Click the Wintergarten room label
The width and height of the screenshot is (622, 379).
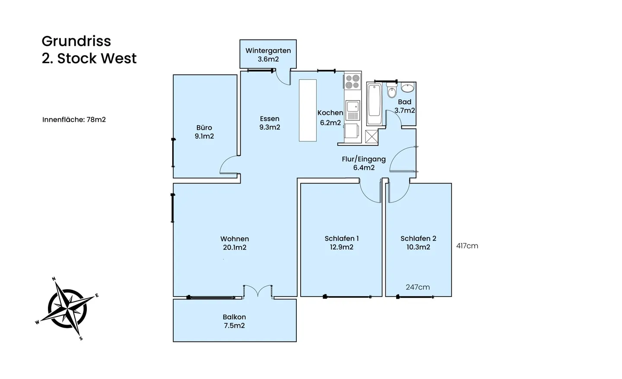click(x=268, y=51)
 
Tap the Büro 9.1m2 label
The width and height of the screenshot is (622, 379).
click(x=204, y=132)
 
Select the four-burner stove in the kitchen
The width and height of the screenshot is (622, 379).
click(x=352, y=82)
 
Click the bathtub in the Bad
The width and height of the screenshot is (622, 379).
click(x=374, y=104)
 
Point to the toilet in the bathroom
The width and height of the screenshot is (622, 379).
click(x=392, y=90)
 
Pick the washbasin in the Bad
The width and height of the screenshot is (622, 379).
click(x=408, y=88)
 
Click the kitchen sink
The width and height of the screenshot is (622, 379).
click(x=352, y=111)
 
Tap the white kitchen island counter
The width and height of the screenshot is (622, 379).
click(x=308, y=111)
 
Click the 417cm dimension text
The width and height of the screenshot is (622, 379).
click(x=467, y=246)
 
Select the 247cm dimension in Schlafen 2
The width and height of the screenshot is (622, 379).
click(x=418, y=287)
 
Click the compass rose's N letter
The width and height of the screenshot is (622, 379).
click(x=54, y=278)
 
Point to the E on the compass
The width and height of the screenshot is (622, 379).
click(x=97, y=296)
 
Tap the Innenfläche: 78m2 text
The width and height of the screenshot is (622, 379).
click(x=74, y=120)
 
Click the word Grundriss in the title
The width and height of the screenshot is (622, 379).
click(x=76, y=41)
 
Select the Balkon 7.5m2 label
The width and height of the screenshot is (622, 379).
click(x=235, y=321)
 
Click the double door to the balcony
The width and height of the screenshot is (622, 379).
click(x=258, y=291)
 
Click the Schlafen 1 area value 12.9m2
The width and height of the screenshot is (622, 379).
click(x=342, y=247)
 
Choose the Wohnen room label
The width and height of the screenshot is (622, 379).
click(x=235, y=239)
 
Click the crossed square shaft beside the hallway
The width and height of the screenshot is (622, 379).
click(x=371, y=136)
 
